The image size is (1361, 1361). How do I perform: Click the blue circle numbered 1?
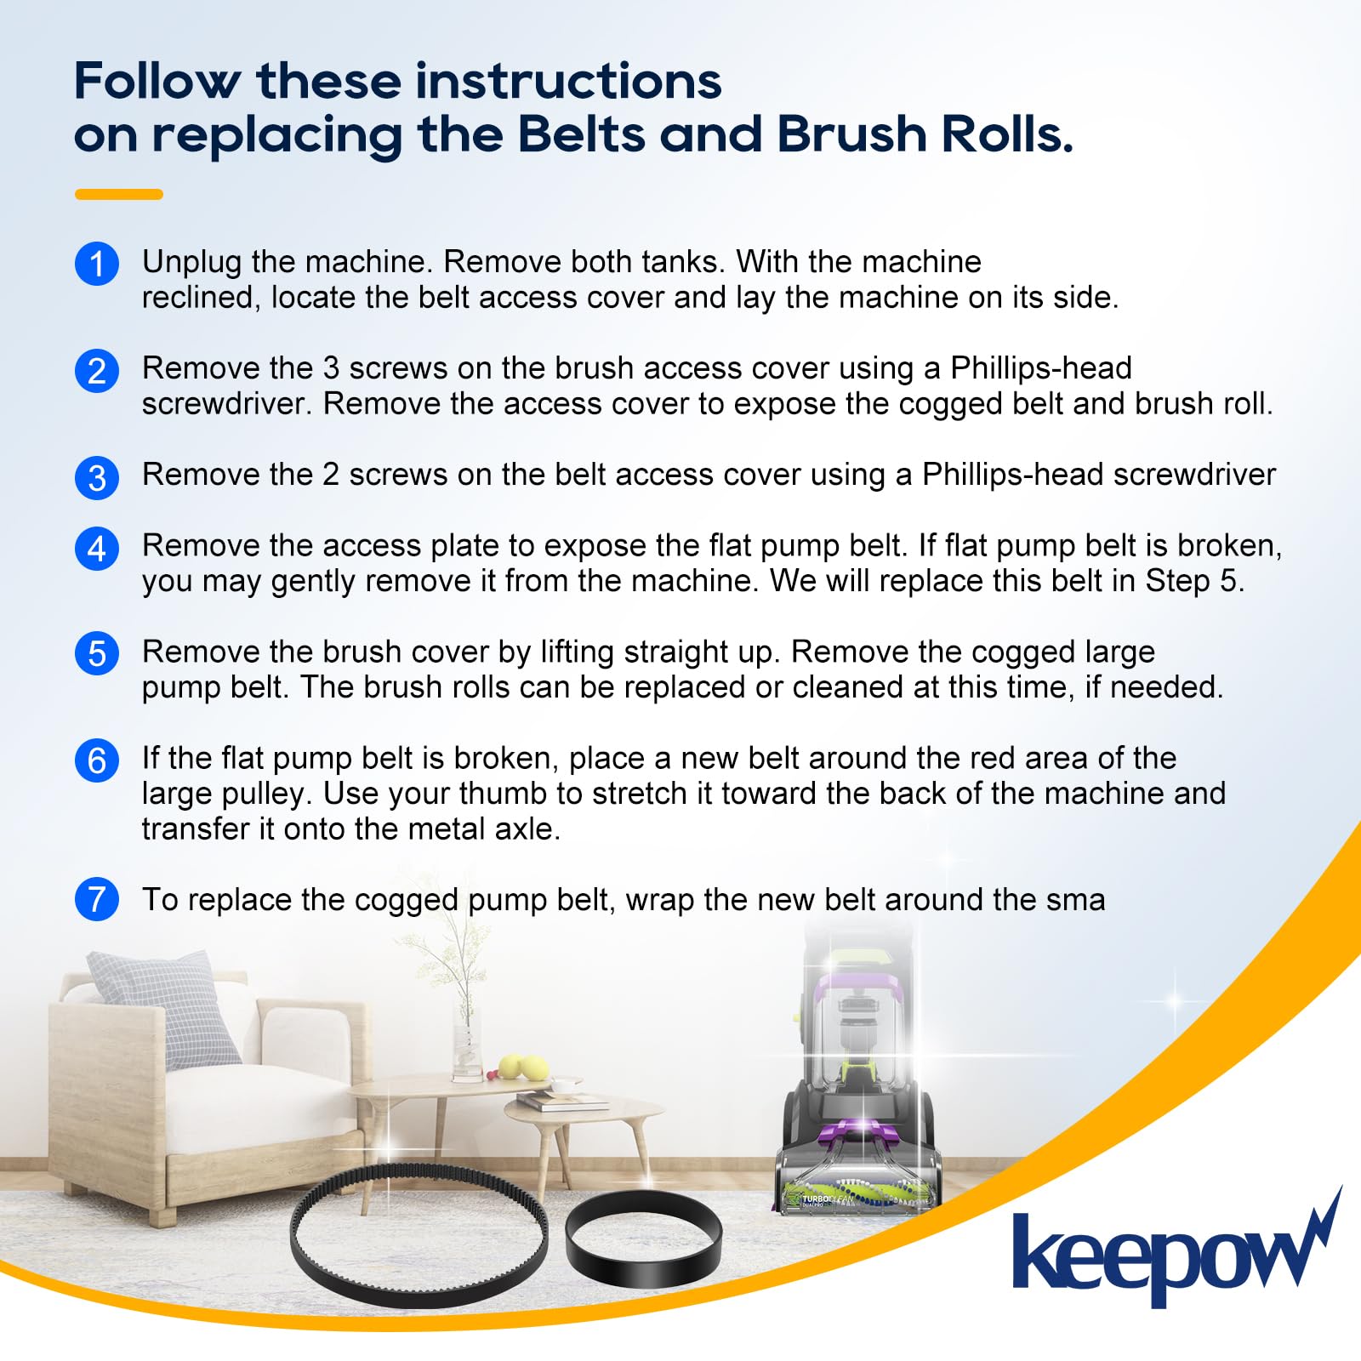tap(97, 264)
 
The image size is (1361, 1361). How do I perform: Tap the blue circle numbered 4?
tap(97, 548)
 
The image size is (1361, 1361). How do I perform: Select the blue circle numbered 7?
tap(97, 900)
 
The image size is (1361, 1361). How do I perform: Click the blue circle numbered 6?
tap(97, 760)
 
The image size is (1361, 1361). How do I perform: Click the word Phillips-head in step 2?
tap(1041, 369)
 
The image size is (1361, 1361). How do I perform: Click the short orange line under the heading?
tap(119, 194)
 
